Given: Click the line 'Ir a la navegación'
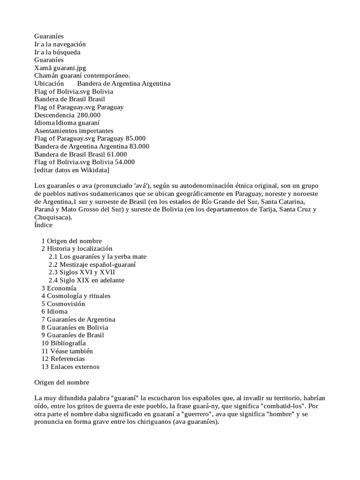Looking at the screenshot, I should (x=60, y=44).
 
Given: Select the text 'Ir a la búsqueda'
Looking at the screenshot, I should (x=57, y=52).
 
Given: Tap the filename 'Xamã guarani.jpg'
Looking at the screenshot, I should (x=60, y=68).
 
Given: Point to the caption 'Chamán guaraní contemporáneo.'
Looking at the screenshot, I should (x=82, y=75).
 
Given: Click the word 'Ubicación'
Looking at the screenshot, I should (x=49, y=83).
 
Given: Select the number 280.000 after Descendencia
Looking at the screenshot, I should (x=89, y=115).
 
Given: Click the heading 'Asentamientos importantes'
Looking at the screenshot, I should (x=74, y=131).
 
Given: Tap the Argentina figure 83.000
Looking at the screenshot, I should (x=139, y=146).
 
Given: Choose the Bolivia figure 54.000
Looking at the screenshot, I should (x=125, y=162).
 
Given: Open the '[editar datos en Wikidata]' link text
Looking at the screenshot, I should (x=72, y=170).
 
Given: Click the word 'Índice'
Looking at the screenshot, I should (x=44, y=225).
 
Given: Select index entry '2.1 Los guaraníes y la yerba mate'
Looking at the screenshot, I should (x=97, y=256).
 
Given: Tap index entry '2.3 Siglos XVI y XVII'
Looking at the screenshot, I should (x=82, y=272).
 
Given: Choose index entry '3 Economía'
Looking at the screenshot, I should (x=59, y=288).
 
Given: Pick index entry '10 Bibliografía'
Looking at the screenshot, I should (x=63, y=343).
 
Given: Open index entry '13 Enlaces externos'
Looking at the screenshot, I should (x=70, y=367).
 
